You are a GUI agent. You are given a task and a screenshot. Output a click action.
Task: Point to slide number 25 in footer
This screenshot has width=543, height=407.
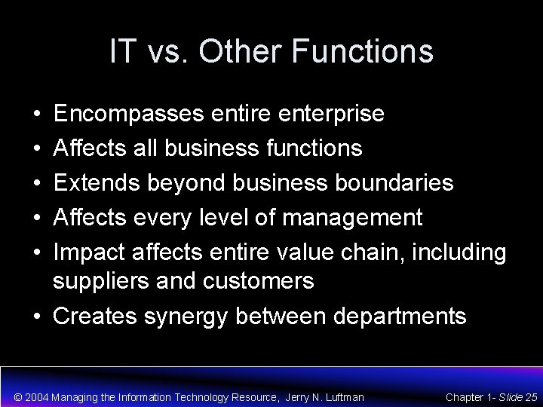(530, 396)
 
